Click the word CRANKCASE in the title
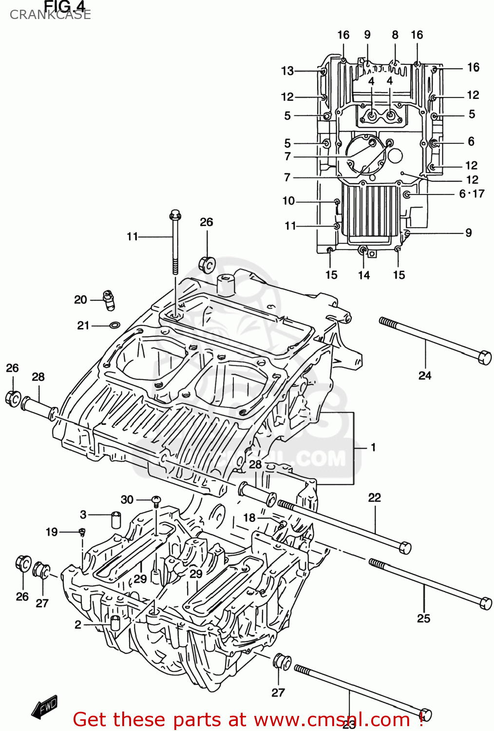coord(50,15)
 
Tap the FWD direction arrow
coord(45,707)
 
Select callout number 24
coord(425,375)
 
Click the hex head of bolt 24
coord(484,357)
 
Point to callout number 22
coord(374,498)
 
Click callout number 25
coord(423,618)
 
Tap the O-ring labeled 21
coord(114,325)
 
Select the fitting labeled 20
coord(109,299)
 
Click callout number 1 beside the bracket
coord(373,447)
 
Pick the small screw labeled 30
coord(156,500)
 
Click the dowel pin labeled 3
coord(116,519)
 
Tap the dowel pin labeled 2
coord(115,623)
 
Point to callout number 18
coord(249,518)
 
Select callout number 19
coord(52,532)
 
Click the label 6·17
coord(472,194)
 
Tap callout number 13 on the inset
coord(287,71)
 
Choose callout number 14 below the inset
coord(364,275)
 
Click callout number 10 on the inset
coord(288,201)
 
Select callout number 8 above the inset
coord(395,35)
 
